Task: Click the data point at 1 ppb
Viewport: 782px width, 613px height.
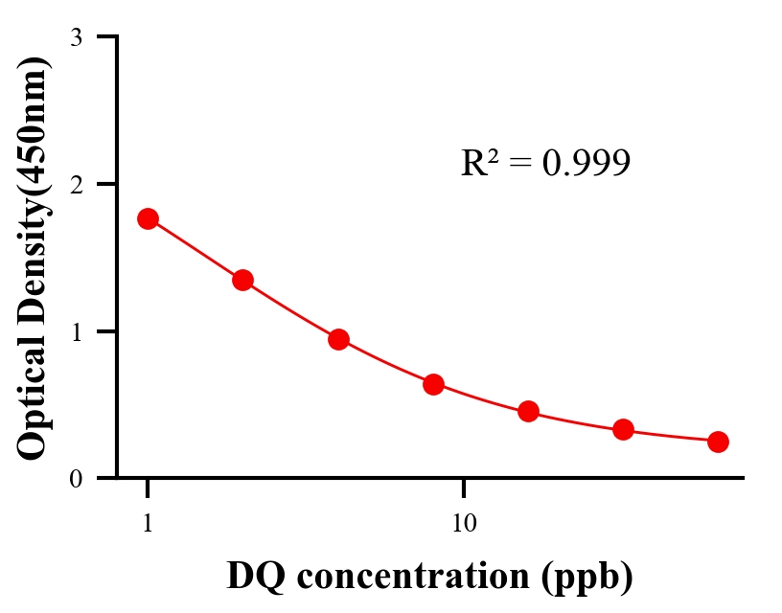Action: (x=148, y=218)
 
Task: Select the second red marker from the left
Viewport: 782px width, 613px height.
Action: (x=242, y=280)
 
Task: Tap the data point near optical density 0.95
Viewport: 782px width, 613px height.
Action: (x=338, y=339)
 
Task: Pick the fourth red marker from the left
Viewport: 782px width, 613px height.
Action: (x=433, y=384)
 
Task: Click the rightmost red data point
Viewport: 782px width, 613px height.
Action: (x=718, y=442)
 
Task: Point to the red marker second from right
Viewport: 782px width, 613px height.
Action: (x=623, y=429)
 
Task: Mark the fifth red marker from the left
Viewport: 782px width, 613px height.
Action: (x=528, y=412)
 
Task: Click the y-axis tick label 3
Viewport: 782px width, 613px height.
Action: (x=76, y=37)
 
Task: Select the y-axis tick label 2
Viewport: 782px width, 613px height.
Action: (x=76, y=184)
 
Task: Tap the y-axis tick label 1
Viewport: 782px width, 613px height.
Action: (x=76, y=331)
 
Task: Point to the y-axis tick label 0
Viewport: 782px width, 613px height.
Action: (x=76, y=478)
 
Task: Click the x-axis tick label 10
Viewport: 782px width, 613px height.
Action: (x=464, y=524)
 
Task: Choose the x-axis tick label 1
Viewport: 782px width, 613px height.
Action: (x=148, y=524)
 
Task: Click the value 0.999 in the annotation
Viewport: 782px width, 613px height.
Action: (x=586, y=163)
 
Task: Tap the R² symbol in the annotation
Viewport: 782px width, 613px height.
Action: (x=476, y=163)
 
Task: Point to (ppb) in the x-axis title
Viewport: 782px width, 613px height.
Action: (x=586, y=577)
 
